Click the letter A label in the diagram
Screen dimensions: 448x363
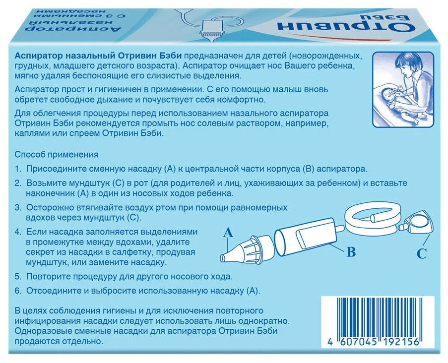tap(228, 233)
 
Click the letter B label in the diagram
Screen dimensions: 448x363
tap(351, 252)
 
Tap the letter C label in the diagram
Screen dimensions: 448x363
tap(422, 253)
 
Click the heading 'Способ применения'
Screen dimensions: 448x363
tap(56, 155)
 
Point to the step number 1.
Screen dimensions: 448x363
tap(18, 169)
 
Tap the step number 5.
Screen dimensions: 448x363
tap(18, 277)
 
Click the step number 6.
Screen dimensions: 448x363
tap(18, 291)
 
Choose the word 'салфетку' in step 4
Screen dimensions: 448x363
tap(128, 252)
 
